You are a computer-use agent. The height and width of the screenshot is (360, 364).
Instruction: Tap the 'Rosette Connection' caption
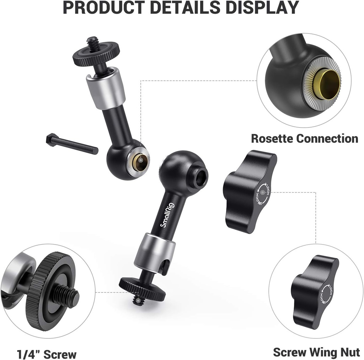[x=304, y=138]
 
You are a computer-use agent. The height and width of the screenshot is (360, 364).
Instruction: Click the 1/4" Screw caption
[x=47, y=354]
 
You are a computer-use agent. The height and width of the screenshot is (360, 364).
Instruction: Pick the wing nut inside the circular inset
[x=314, y=291]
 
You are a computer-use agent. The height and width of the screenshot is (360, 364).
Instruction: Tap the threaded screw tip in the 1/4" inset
[x=68, y=296]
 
